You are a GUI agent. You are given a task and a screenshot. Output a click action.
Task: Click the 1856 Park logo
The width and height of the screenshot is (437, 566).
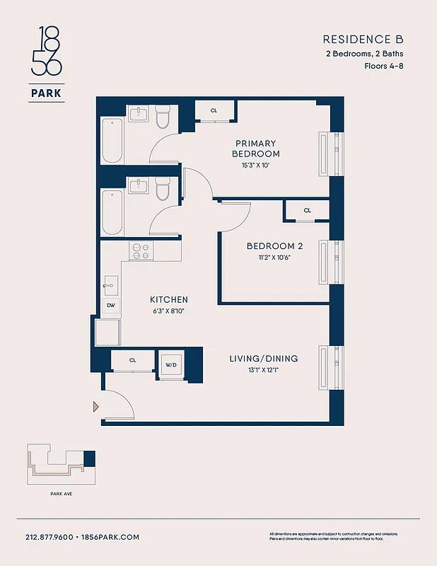(x=47, y=64)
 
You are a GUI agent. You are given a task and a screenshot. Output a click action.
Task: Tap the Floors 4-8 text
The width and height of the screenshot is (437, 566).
(x=384, y=66)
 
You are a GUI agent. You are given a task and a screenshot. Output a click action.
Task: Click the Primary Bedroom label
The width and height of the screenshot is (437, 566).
(x=256, y=149)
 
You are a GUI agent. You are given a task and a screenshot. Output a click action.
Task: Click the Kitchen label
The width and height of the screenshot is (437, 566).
(x=169, y=299)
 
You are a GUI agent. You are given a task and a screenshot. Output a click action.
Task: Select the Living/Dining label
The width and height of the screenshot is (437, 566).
(x=264, y=359)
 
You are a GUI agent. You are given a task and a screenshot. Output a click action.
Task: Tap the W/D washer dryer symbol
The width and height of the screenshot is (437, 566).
(x=171, y=366)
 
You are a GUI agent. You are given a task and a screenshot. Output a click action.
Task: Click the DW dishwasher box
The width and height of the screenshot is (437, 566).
(x=111, y=306)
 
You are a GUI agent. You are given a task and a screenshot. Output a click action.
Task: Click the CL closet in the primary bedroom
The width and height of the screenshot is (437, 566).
(x=214, y=111)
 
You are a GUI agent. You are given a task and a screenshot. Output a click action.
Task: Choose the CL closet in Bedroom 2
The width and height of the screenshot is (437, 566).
(x=308, y=210)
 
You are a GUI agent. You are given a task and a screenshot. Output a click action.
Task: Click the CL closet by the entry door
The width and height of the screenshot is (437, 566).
(x=132, y=360)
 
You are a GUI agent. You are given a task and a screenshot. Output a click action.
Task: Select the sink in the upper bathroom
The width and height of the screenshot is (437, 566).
(x=138, y=114)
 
